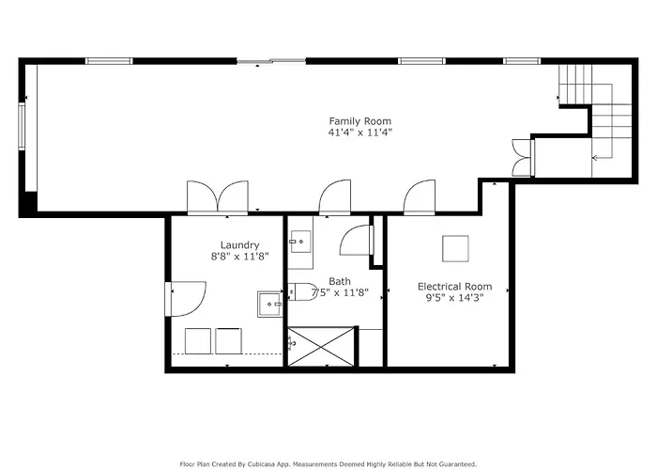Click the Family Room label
click(359, 121)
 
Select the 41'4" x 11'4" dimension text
click(359, 133)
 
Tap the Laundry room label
click(239, 245)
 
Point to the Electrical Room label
click(454, 287)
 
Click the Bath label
click(340, 281)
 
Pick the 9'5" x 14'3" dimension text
click(454, 298)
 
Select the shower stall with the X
click(321, 346)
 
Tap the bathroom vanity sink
click(300, 242)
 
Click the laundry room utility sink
click(270, 305)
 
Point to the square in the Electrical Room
click(455, 248)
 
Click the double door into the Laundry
click(218, 197)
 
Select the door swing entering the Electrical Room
click(419, 197)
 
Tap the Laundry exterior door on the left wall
click(186, 298)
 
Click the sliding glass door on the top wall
click(271, 61)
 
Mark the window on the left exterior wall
click(22, 126)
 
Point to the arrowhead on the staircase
click(594, 158)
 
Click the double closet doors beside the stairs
click(523, 157)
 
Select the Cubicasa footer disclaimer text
click(328, 464)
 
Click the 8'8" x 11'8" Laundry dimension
click(239, 257)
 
